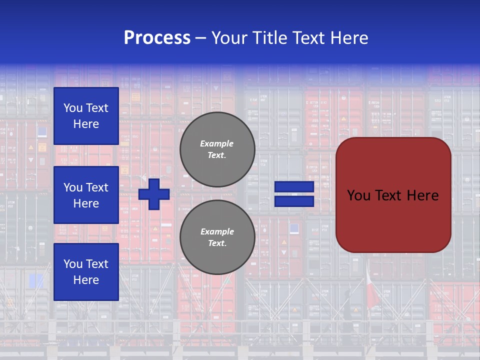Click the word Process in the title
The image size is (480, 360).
157,38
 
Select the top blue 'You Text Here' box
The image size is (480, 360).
86,116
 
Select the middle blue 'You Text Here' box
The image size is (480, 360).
86,195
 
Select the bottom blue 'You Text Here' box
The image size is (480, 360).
86,272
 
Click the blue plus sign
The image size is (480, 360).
154,193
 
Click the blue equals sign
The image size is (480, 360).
294,194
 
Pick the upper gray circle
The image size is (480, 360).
217,149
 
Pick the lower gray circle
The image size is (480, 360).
217,237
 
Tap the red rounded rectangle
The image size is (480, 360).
393,195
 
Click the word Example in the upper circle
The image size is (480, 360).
216,143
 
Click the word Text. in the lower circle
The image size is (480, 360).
217,243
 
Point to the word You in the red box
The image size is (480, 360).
358,195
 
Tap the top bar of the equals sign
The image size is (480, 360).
294,186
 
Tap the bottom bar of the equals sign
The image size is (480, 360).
294,201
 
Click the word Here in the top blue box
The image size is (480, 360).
86,124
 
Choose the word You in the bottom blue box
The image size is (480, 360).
73,264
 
